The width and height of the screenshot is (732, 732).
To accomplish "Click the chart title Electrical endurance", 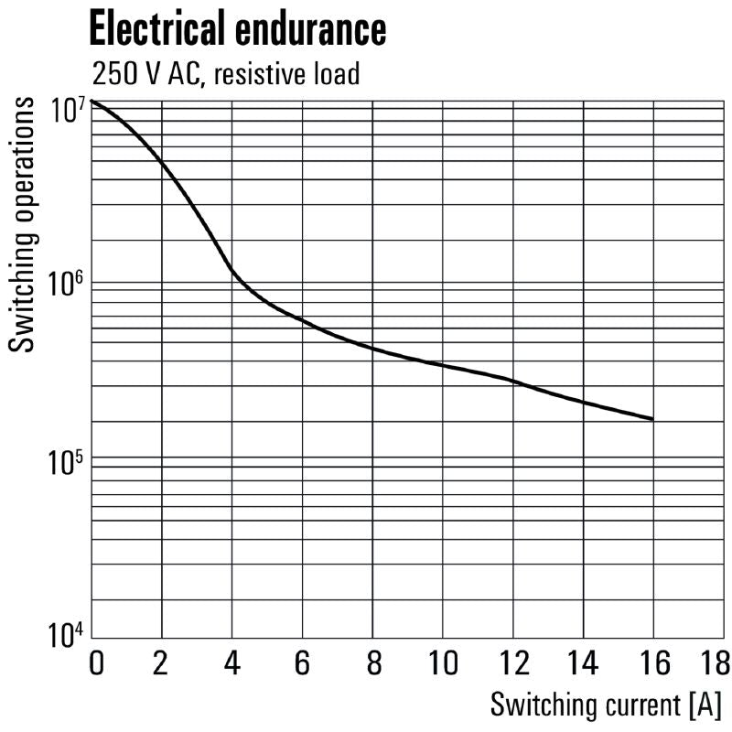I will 237,29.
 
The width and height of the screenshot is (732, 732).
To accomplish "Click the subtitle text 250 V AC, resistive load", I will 224,73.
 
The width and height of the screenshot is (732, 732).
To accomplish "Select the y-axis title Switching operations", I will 25,225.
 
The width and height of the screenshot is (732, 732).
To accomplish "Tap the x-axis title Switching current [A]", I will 606,705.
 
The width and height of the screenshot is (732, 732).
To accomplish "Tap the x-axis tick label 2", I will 163,662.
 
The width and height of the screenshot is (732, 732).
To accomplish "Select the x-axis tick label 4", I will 232,662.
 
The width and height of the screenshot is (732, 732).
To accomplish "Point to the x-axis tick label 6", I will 303,662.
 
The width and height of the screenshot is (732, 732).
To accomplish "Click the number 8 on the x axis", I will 373,662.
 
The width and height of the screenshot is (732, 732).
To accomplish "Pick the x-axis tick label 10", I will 443,662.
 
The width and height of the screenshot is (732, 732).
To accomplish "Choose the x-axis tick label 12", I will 513,662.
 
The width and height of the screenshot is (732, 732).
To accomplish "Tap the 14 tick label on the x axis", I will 584,662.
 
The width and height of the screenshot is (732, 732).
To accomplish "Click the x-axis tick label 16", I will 653,662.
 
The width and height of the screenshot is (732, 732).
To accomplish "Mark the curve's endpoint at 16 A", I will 653,419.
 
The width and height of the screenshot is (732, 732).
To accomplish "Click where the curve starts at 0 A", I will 93,101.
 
